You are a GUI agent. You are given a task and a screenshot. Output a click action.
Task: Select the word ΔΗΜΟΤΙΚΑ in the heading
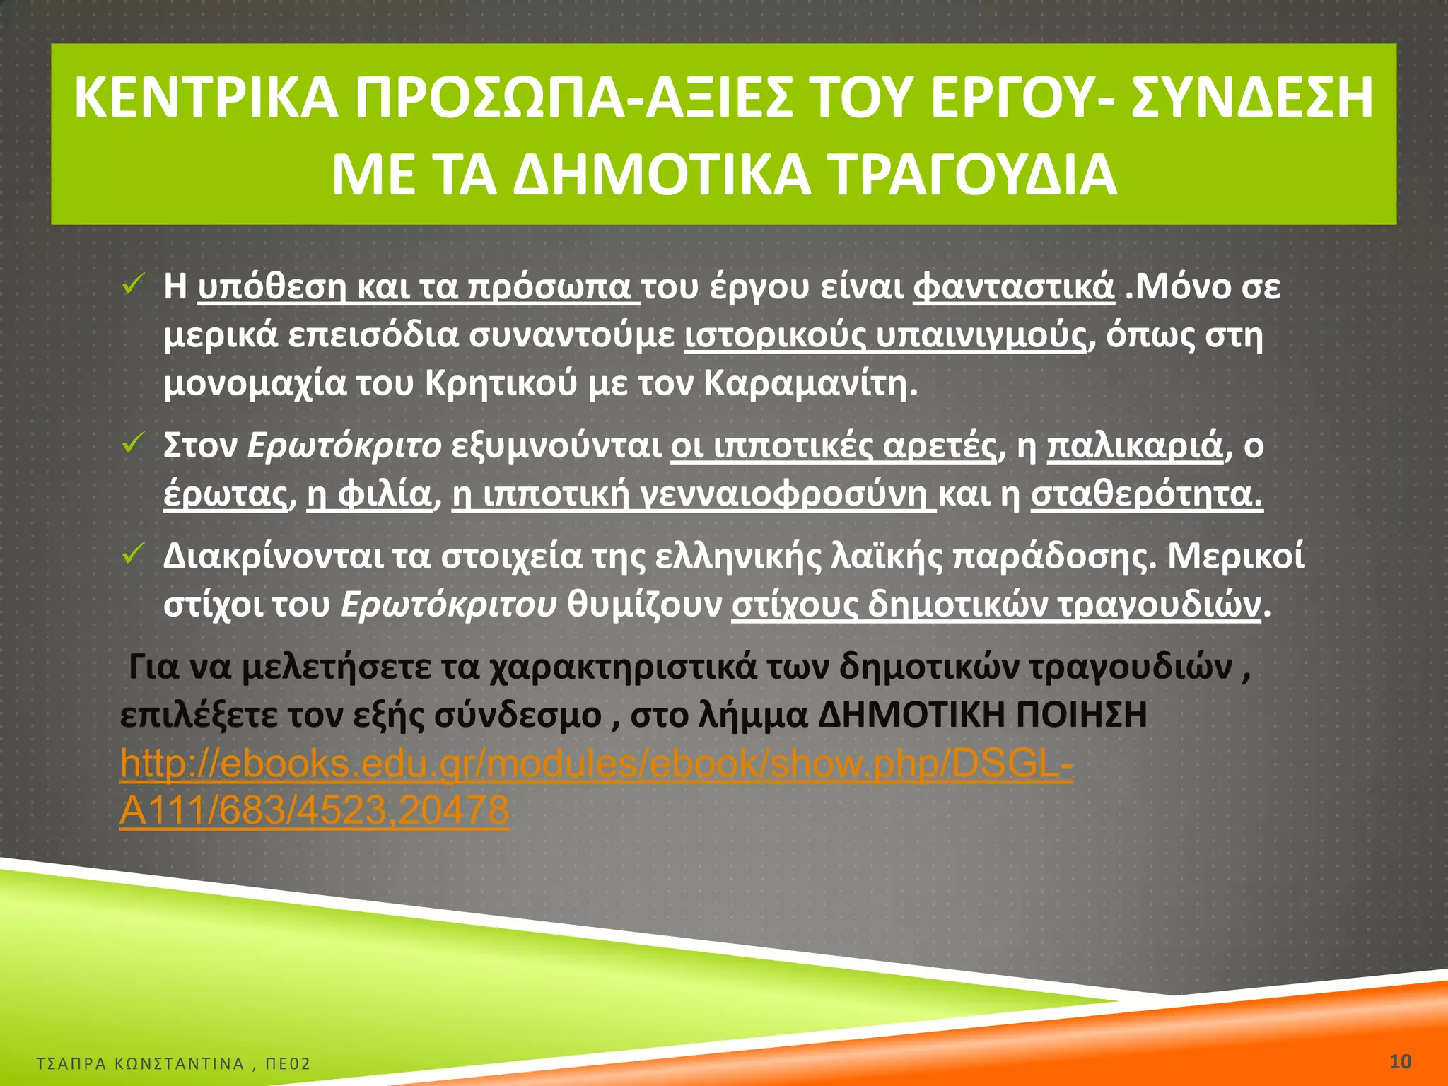tap(661, 175)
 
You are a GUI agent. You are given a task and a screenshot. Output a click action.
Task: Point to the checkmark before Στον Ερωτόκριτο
tap(133, 443)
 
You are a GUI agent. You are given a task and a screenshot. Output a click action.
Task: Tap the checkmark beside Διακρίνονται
tap(133, 554)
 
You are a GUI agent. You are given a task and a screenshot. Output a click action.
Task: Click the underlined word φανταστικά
tap(1014, 287)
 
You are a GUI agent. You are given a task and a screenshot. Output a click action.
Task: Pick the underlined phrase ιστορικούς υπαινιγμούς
tap(885, 336)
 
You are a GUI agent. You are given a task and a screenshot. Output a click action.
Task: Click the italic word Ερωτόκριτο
tap(344, 446)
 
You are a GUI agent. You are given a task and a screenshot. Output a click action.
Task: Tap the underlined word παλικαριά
tap(1135, 446)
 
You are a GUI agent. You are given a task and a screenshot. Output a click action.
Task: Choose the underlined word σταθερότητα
tap(1146, 494)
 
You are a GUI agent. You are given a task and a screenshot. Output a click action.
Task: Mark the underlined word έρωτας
tap(226, 494)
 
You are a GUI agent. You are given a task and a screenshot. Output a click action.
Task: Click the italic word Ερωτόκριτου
tap(448, 605)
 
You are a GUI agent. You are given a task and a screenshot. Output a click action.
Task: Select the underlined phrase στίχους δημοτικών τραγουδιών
tap(996, 605)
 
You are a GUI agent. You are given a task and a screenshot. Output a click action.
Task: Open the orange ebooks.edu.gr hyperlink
tap(596, 764)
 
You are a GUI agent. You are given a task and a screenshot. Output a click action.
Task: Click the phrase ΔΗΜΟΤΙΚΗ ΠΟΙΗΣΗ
tap(982, 716)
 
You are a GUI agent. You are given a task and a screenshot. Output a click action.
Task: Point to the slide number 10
tap(1401, 1061)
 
